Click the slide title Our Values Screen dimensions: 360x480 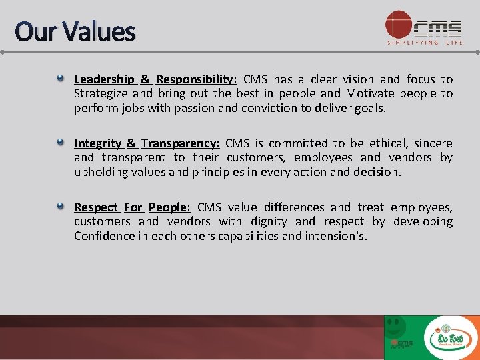click(x=75, y=31)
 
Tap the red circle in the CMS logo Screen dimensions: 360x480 click(x=399, y=24)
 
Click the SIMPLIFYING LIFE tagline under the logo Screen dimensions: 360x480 click(x=425, y=43)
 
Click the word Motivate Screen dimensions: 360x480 click(x=369, y=93)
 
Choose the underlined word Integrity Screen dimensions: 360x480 click(x=98, y=143)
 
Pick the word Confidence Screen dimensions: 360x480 click(x=103, y=236)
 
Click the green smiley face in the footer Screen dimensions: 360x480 click(x=396, y=327)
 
